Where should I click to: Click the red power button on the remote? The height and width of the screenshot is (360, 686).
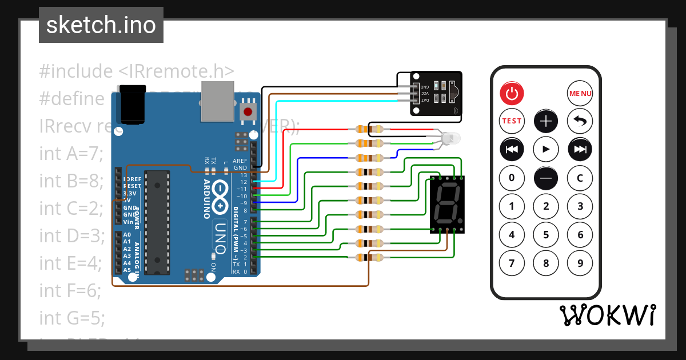512,93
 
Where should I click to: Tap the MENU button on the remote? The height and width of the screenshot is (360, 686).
580,93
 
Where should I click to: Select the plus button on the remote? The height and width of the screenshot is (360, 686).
546,121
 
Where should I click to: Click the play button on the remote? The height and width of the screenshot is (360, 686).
546,149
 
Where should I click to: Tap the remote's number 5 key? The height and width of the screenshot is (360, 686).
546,234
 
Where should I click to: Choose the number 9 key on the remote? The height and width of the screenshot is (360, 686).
580,263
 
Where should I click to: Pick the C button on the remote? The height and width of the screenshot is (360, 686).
580,178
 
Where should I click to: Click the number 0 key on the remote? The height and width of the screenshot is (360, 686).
512,178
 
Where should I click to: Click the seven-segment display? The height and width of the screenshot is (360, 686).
447,205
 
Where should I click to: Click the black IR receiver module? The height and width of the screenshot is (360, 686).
436,93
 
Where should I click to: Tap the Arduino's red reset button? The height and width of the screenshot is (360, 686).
248,111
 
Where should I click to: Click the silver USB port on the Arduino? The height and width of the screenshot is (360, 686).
217,101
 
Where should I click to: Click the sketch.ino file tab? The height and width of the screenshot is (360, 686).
101,25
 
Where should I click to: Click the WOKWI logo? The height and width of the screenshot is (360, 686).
607,315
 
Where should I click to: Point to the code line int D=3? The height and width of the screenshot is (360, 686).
72,235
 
